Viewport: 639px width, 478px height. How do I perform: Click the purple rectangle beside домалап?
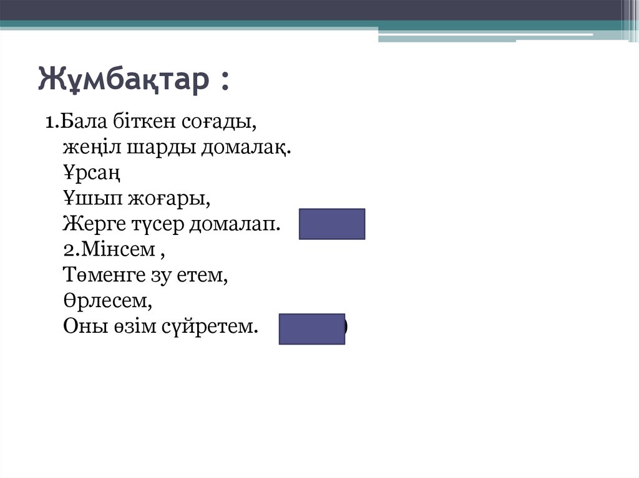click(331, 224)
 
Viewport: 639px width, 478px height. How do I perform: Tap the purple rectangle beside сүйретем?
click(311, 329)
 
